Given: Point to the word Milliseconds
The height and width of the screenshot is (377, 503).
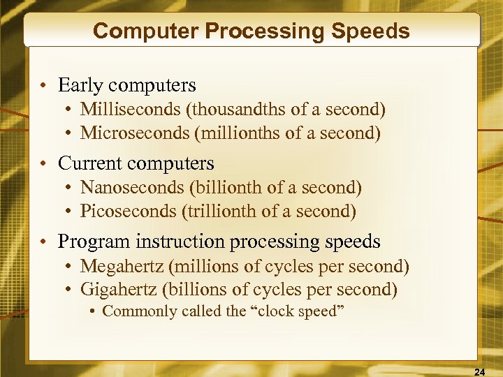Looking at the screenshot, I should click(x=131, y=110).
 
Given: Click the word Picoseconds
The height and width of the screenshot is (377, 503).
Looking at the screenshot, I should click(x=127, y=211).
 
